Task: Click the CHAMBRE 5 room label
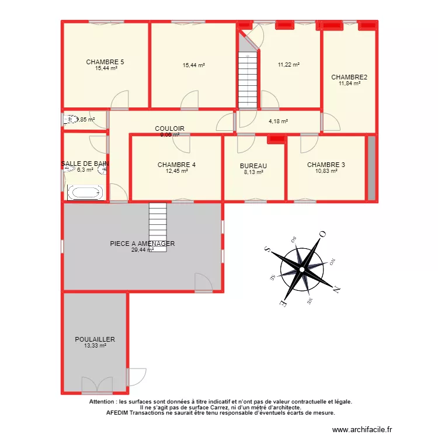[105, 62]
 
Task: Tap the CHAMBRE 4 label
[176, 165]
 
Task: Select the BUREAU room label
[253, 166]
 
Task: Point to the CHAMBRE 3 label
[326, 165]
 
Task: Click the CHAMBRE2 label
[349, 77]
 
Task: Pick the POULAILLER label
[95, 339]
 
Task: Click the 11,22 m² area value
[288, 65]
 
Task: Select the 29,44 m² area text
[142, 249]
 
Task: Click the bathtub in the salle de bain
[85, 193]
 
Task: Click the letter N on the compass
[336, 288]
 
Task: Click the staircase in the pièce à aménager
[158, 227]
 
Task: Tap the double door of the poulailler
[96, 385]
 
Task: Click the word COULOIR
[169, 128]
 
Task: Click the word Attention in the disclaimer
[103, 402]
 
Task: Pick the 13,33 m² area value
[95, 346]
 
